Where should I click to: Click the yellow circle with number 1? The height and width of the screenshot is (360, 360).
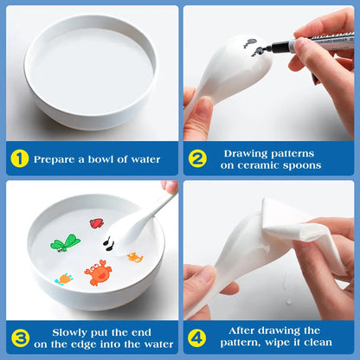pyautogui.click(x=20, y=159)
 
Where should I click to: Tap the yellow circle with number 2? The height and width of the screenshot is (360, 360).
pyautogui.click(x=197, y=159)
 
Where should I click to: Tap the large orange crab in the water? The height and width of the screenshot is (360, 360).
pyautogui.click(x=97, y=273)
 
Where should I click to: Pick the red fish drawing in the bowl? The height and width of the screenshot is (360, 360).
pyautogui.click(x=97, y=223)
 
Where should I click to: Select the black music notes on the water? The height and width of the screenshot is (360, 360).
pyautogui.click(x=108, y=246)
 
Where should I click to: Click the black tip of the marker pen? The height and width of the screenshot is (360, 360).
pyautogui.click(x=260, y=51)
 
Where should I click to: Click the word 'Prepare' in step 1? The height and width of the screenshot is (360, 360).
pyautogui.click(x=59, y=159)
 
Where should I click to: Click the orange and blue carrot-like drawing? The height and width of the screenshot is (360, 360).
pyautogui.click(x=64, y=279)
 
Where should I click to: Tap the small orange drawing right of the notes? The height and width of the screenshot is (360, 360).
pyautogui.click(x=135, y=257)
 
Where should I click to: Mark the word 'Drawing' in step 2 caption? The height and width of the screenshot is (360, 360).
pyautogui.click(x=250, y=152)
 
